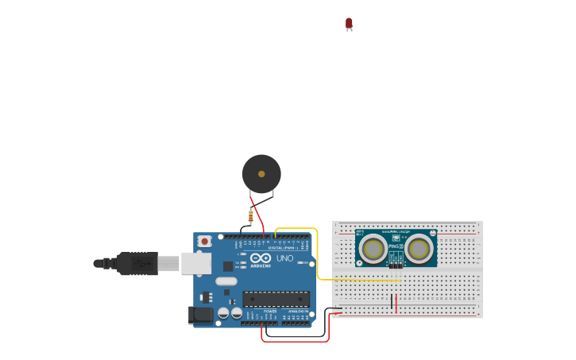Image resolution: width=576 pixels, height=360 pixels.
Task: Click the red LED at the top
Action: click(x=349, y=24)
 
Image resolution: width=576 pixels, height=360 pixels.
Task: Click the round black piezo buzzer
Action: click(x=261, y=174)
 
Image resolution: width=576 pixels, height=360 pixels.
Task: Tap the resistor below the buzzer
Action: click(x=251, y=215)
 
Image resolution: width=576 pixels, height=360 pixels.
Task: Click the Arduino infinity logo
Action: click(x=261, y=258)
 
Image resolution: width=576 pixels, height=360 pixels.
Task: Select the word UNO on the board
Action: click(x=284, y=258)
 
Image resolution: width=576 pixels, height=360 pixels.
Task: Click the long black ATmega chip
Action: click(x=276, y=299)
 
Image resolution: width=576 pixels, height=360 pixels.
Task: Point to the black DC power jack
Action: click(x=203, y=315)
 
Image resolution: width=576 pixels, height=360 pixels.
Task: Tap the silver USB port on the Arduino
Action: click(x=195, y=263)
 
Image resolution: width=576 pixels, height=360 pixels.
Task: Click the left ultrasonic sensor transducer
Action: click(x=373, y=250)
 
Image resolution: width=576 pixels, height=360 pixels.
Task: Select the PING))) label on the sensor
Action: click(x=396, y=246)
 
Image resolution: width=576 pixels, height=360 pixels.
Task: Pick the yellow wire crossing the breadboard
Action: click(x=358, y=280)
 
